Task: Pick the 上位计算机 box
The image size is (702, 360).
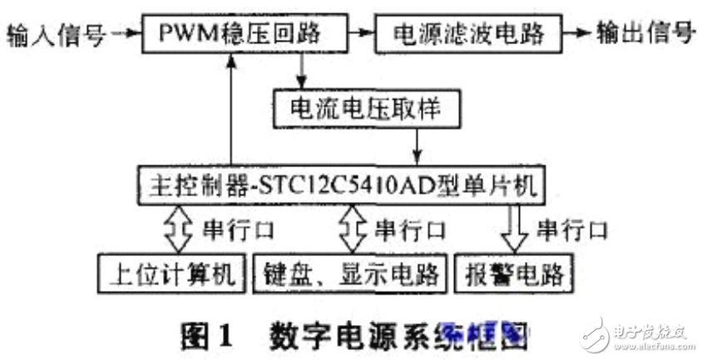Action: [171, 273]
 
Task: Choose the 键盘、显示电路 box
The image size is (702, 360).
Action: [350, 273]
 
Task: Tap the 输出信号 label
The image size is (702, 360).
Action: [645, 34]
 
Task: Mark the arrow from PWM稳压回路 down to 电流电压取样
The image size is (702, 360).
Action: [300, 72]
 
